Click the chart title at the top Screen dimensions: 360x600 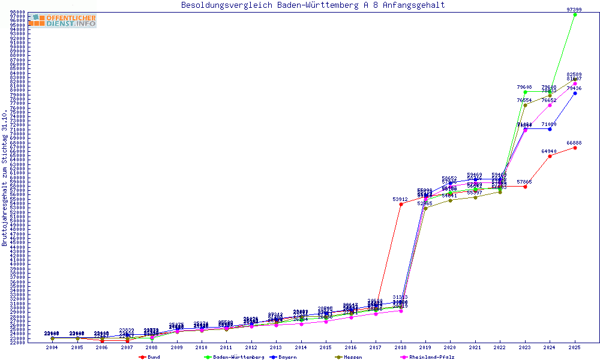pos(313,5)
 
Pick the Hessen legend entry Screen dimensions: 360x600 pos(352,357)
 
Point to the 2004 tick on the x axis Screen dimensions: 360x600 pos(53,347)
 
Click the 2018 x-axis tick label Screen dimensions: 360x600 pos(400,347)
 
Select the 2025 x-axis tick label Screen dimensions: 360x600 pos(575,347)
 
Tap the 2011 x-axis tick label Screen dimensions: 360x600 pos(226,347)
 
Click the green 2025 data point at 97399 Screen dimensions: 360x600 pos(575,14)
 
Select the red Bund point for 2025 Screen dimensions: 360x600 pos(575,148)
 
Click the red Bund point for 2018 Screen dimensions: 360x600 pos(400,204)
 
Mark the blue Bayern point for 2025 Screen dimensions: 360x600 pos(575,93)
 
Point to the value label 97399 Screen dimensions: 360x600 pos(574,10)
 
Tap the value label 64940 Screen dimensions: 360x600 pos(549,151)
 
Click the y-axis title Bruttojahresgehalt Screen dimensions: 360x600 pos(5,178)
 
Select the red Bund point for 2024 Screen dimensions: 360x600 pos(550,156)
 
